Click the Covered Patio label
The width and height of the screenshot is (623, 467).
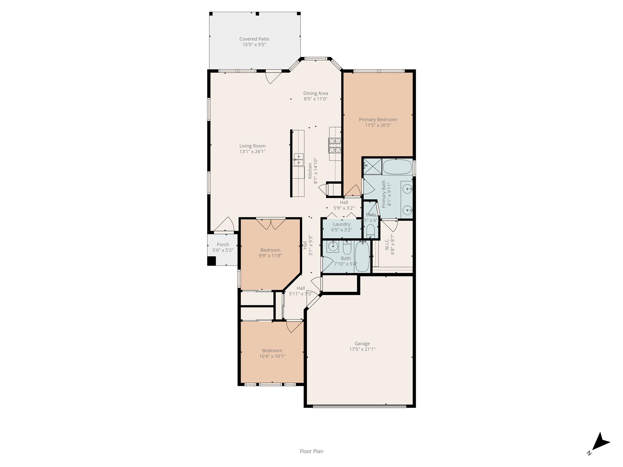click(x=254, y=39)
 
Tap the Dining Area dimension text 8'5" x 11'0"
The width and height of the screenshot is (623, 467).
click(x=315, y=99)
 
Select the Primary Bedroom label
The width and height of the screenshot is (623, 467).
click(x=378, y=119)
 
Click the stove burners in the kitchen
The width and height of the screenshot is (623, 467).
click(x=334, y=145)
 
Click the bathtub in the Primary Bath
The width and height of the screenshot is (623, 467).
click(x=397, y=167)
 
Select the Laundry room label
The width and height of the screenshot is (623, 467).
click(x=342, y=224)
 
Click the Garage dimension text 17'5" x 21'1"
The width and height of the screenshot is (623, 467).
click(x=362, y=349)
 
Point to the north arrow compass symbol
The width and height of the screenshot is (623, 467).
click(x=600, y=443)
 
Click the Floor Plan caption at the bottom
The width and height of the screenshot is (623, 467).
click(x=311, y=451)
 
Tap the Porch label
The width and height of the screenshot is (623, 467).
click(x=223, y=244)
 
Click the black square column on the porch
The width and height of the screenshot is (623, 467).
click(x=211, y=261)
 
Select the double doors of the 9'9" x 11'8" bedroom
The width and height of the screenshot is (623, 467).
click(x=270, y=224)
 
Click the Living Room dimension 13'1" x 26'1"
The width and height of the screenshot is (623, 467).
click(x=252, y=151)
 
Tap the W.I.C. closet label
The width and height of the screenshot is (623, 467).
click(x=387, y=244)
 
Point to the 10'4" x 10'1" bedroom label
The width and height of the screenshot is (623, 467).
click(x=272, y=351)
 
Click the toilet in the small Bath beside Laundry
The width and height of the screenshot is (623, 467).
click(x=370, y=231)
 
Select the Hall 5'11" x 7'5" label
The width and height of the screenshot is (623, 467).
click(x=301, y=288)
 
